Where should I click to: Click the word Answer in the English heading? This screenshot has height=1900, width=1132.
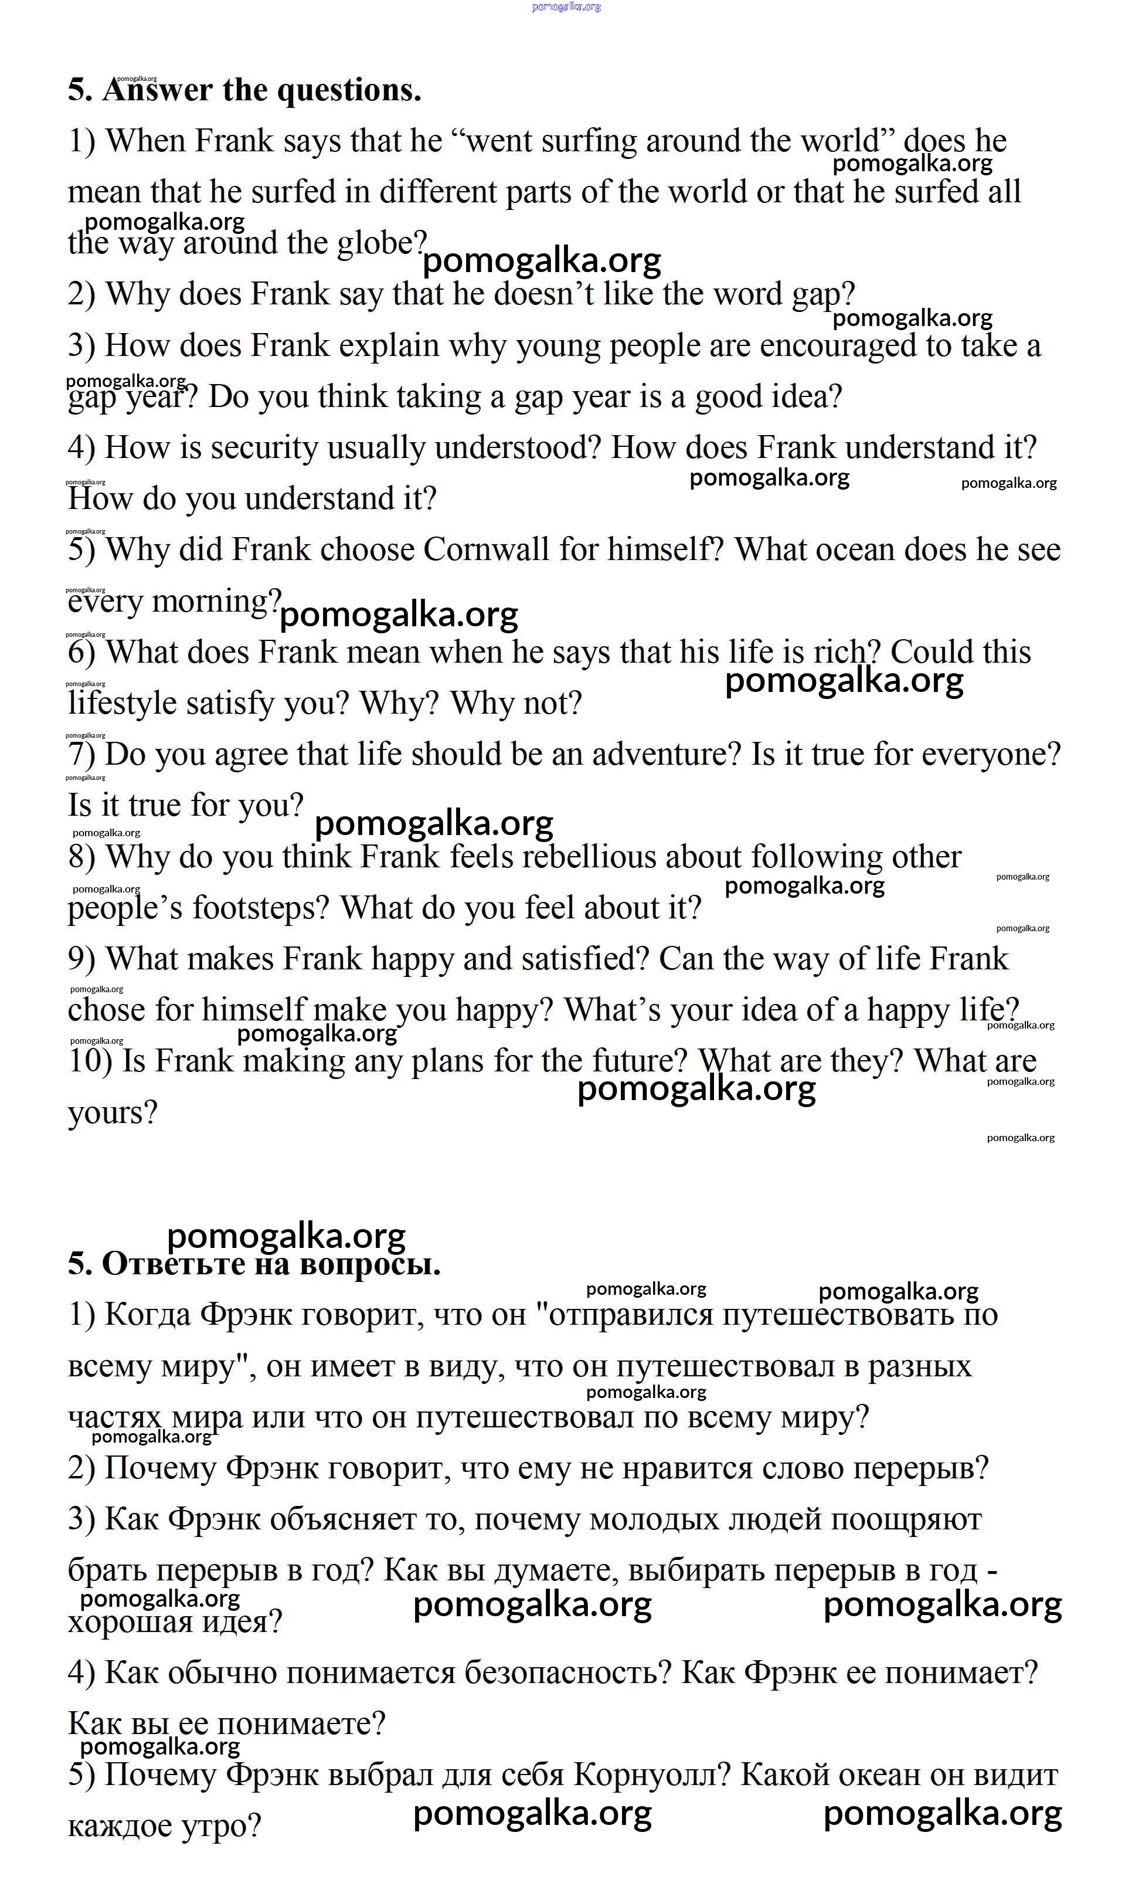(x=157, y=91)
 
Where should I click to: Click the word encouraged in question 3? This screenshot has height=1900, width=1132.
(x=838, y=345)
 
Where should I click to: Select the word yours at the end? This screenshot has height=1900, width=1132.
(x=112, y=1113)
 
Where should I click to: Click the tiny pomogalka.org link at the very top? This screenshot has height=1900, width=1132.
(x=566, y=7)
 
